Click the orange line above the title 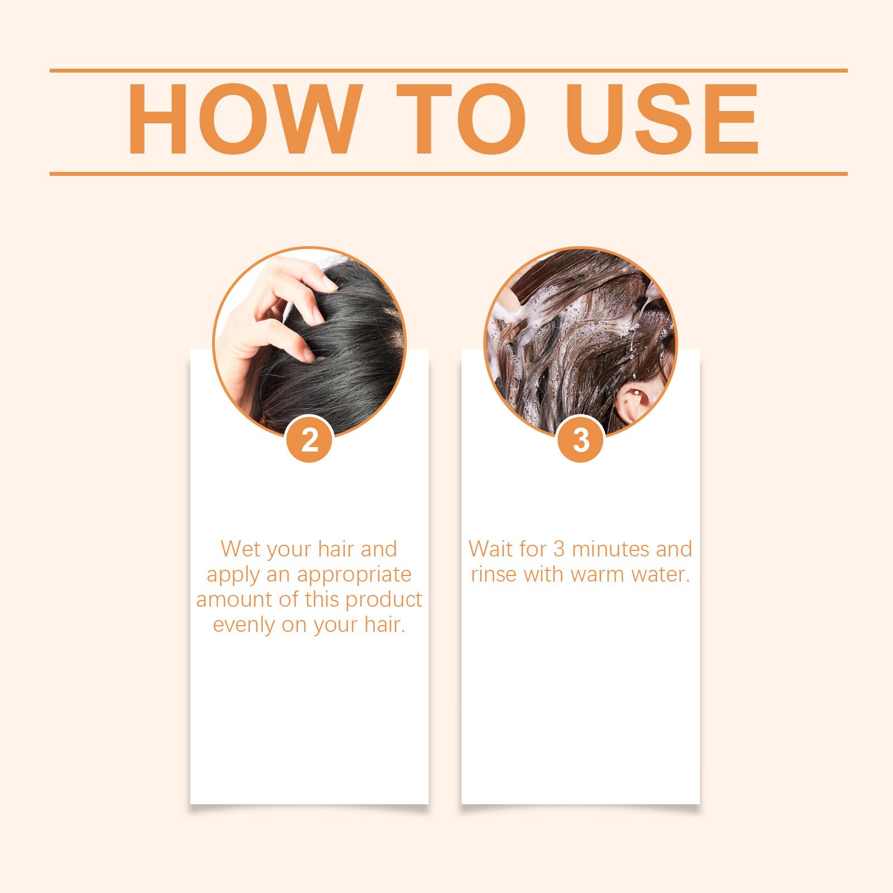(448, 71)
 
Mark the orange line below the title (448, 174)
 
